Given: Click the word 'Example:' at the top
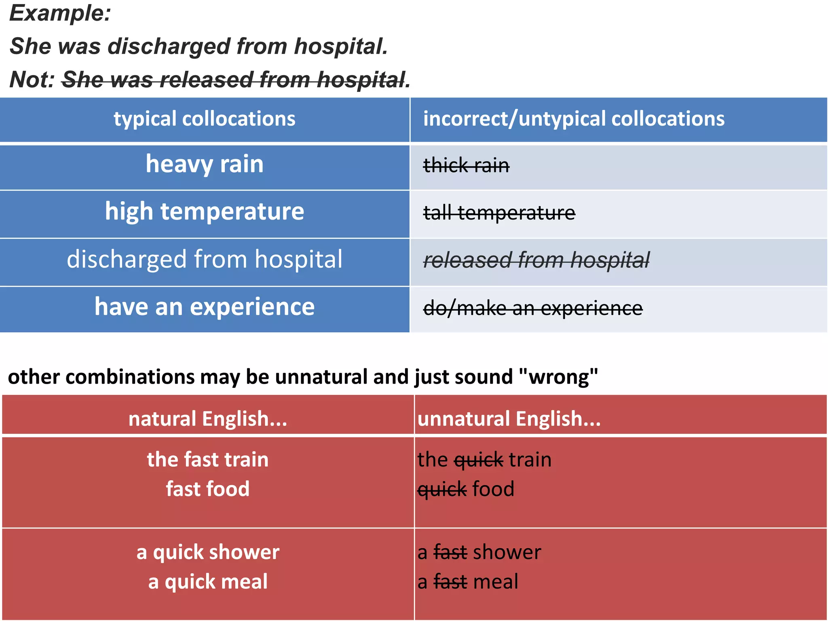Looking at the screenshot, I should click(x=60, y=13).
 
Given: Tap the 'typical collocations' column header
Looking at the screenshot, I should click(x=204, y=119).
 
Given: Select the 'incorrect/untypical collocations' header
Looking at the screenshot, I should click(x=573, y=119).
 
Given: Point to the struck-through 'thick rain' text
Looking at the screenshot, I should click(x=466, y=165).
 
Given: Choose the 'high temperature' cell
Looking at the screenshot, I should click(x=204, y=211).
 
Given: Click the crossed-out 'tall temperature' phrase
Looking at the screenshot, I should click(x=498, y=213).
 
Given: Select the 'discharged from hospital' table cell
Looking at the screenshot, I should click(x=204, y=259).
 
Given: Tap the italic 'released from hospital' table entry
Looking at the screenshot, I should click(x=536, y=260).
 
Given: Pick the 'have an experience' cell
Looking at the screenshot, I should click(x=204, y=307).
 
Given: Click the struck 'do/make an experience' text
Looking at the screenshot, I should click(x=532, y=308).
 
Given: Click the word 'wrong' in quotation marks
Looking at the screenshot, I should click(x=558, y=377).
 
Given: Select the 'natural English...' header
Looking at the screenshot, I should click(x=207, y=419).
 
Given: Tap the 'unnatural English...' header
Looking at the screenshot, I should click(x=509, y=419).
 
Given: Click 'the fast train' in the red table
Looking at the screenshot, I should click(x=207, y=460).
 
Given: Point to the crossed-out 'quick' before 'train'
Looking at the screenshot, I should click(x=478, y=460).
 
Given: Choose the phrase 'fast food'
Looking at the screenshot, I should click(x=207, y=489).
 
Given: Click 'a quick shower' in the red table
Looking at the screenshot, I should click(x=207, y=552).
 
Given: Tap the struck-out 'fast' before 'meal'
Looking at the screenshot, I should click(x=450, y=582).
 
